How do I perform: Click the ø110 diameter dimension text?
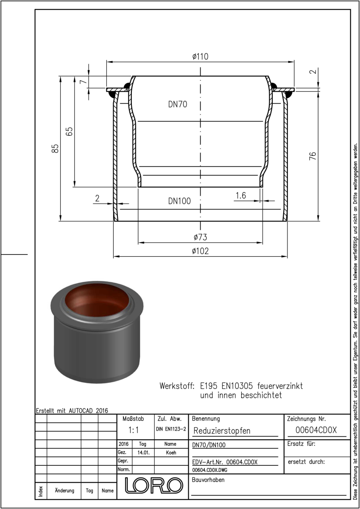click(200, 56)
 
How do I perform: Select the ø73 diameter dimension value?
click(200, 237)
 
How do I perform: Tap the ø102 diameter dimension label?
click(200, 251)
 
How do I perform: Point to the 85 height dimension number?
click(55, 148)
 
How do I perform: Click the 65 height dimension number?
click(69, 131)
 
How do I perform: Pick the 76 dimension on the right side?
click(313, 156)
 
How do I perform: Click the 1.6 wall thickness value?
click(241, 196)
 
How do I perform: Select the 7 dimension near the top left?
click(84, 81)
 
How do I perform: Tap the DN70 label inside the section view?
click(178, 104)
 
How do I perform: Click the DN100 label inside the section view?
click(179, 201)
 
